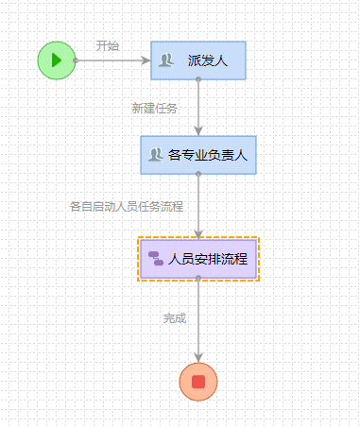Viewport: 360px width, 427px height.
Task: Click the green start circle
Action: pyautogui.click(x=57, y=60)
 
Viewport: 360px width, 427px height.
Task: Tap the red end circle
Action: pyautogui.click(x=198, y=382)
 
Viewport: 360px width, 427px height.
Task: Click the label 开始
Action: pyautogui.click(x=108, y=45)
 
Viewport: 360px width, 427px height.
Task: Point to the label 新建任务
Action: pyautogui.click(x=154, y=108)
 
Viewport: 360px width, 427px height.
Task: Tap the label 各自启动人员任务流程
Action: pyautogui.click(x=127, y=206)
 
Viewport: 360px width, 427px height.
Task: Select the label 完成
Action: pyautogui.click(x=175, y=318)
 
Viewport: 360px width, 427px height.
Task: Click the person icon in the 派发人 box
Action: pyautogui.click(x=166, y=60)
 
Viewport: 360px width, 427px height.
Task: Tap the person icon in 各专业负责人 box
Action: pyautogui.click(x=155, y=155)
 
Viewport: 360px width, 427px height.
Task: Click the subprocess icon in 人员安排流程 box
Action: pyautogui.click(x=156, y=259)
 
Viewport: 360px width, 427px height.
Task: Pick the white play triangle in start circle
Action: pyautogui.click(x=57, y=60)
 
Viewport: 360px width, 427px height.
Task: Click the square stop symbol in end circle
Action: pyautogui.click(x=198, y=382)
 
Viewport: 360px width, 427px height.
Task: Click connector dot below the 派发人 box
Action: pyautogui.click(x=198, y=80)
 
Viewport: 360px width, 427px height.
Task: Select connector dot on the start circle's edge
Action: pyautogui.click(x=76, y=60)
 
